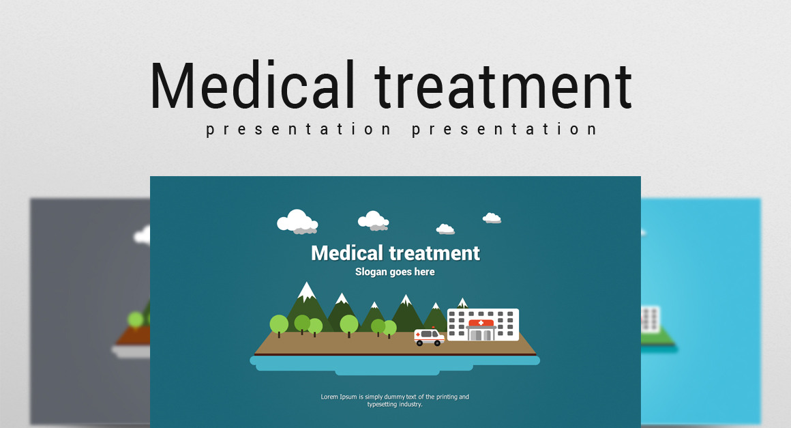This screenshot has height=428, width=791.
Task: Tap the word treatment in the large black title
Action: [x=503, y=87]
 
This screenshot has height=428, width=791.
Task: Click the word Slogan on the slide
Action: [x=370, y=272]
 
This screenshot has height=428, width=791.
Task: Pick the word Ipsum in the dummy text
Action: [x=348, y=397]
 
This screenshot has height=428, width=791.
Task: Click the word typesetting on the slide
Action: [x=382, y=404]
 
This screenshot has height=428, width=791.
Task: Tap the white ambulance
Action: [x=430, y=337]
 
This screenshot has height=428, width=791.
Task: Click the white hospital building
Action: [x=483, y=324]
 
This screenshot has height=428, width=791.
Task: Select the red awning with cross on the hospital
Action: [x=481, y=323]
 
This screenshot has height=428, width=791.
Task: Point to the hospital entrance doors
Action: [x=481, y=334]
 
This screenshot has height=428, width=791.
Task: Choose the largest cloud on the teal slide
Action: [x=297, y=222]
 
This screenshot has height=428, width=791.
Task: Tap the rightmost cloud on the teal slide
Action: [x=492, y=218]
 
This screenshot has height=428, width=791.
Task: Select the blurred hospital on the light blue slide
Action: [x=651, y=319]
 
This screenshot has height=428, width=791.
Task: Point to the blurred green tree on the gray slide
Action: [x=135, y=319]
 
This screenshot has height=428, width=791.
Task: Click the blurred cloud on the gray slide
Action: [x=143, y=236]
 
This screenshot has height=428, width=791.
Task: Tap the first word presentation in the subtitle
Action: [x=298, y=130]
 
